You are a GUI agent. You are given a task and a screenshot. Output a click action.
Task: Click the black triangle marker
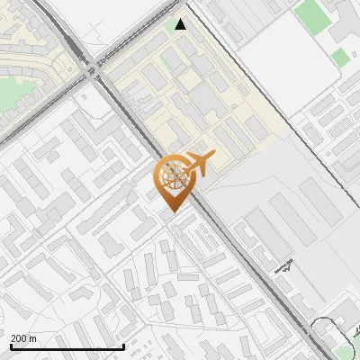[181, 24]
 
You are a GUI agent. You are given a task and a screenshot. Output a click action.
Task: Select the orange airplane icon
[200, 163]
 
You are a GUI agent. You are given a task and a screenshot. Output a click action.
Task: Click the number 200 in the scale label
[19, 338]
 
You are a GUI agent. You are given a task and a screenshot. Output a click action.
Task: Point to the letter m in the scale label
[33, 338]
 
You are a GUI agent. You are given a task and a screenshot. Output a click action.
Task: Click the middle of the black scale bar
[67, 347]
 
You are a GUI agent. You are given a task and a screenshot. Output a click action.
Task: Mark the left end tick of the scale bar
[11, 346]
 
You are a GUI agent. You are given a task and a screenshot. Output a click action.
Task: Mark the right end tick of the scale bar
[123, 346]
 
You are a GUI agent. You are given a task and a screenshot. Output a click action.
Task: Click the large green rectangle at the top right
[312, 13]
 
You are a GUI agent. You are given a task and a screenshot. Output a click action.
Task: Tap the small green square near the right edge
[339, 58]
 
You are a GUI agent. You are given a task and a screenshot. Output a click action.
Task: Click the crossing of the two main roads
[93, 67]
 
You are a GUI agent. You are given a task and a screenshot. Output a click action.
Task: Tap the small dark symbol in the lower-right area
[286, 266]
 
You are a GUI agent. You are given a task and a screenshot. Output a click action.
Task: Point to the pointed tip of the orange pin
[172, 210]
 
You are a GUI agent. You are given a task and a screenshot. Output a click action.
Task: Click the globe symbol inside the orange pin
[172, 177]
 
